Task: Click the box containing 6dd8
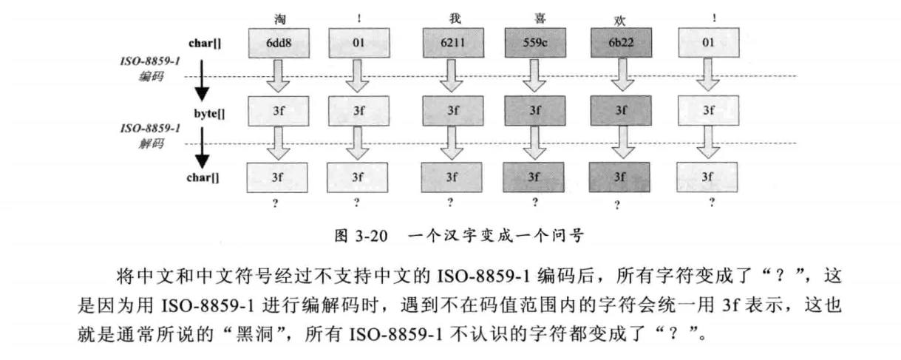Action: coord(279,43)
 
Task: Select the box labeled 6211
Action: coord(453,43)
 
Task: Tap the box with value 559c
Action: coord(535,43)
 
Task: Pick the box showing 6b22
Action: coord(622,43)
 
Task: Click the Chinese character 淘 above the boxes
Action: coord(280,19)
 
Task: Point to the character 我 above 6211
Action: coord(455,18)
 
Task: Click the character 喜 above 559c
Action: coord(540,18)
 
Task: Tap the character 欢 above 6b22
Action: coord(619,21)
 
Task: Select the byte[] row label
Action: coord(209,114)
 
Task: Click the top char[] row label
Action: coord(205,44)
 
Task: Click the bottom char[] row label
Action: coord(203,177)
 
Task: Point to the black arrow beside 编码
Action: coord(202,81)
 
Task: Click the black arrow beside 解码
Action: coord(202,148)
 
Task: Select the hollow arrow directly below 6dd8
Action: coord(278,75)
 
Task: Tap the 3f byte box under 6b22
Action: coord(621,111)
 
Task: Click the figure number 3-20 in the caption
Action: coord(371,236)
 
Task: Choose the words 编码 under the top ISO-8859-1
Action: coord(152,76)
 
